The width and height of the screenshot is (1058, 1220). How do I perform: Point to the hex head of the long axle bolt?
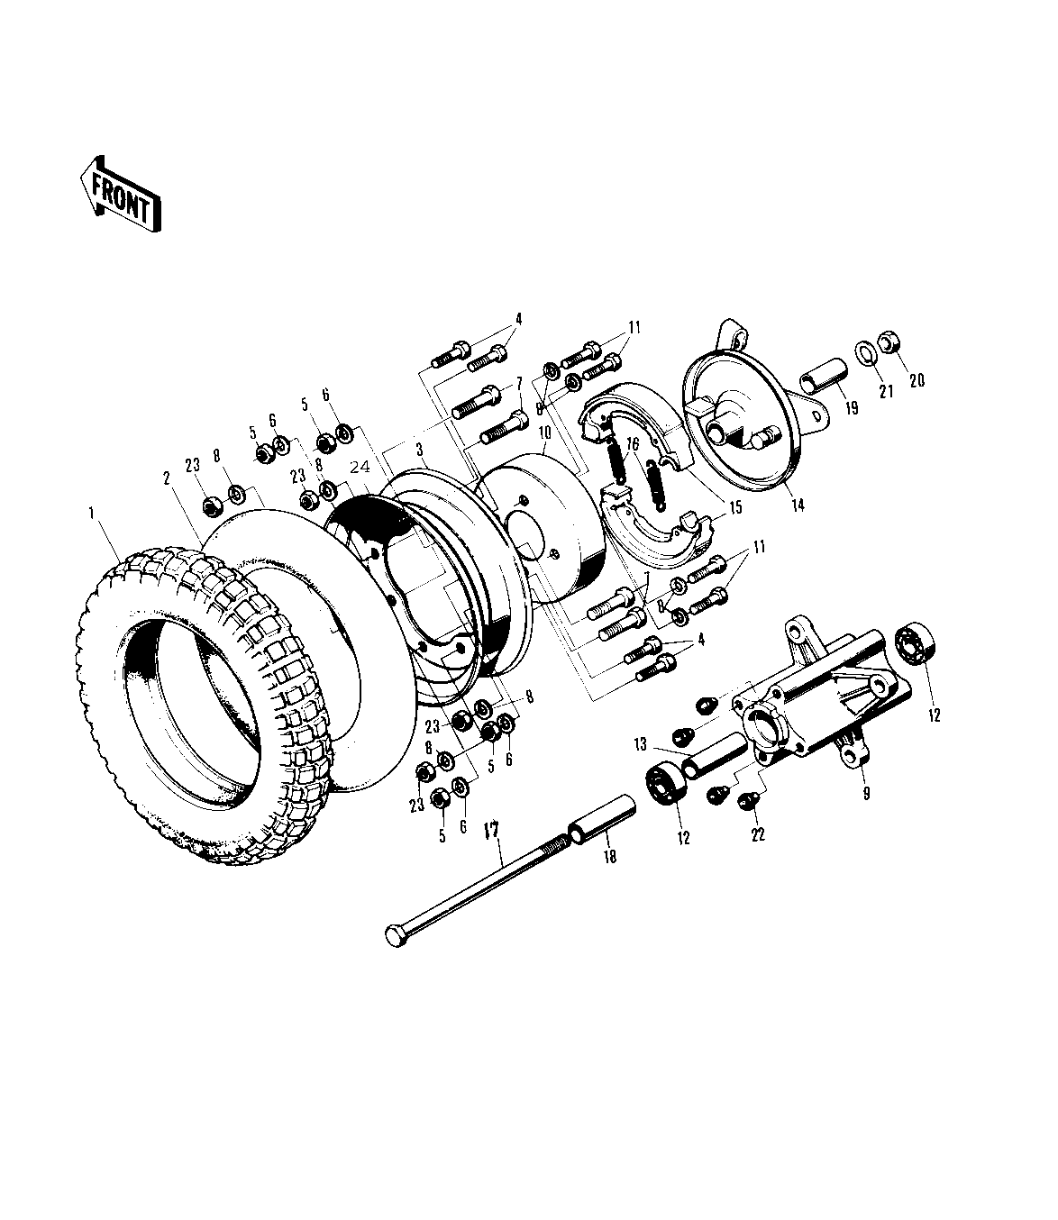tap(396, 933)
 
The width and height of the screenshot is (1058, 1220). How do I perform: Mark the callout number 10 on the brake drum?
tap(544, 433)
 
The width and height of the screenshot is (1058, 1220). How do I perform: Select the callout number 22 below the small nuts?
tap(758, 835)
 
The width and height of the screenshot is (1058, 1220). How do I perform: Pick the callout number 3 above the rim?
tap(419, 448)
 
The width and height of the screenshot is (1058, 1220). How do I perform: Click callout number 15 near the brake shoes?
tap(735, 507)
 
